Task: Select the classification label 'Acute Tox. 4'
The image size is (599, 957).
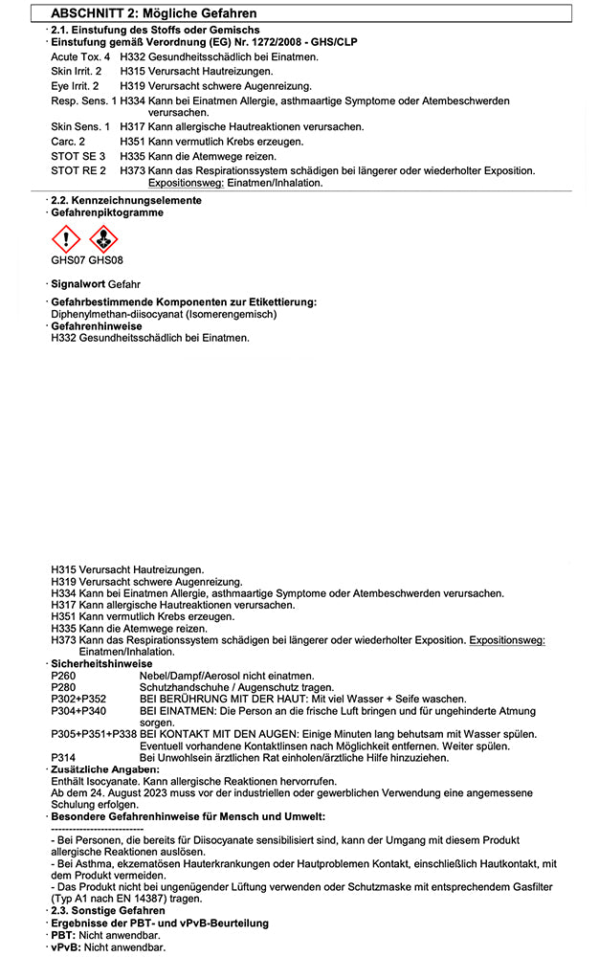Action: [80, 58]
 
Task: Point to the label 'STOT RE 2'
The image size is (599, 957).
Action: [78, 170]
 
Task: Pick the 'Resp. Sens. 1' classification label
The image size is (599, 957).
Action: [84, 100]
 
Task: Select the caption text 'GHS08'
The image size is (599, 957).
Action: [106, 259]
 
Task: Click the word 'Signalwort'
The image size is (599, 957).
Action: [78, 285]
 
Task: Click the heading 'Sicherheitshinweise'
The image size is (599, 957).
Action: [101, 664]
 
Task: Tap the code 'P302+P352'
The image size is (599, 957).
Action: [78, 699]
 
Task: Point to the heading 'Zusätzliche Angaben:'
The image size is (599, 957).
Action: [105, 769]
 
